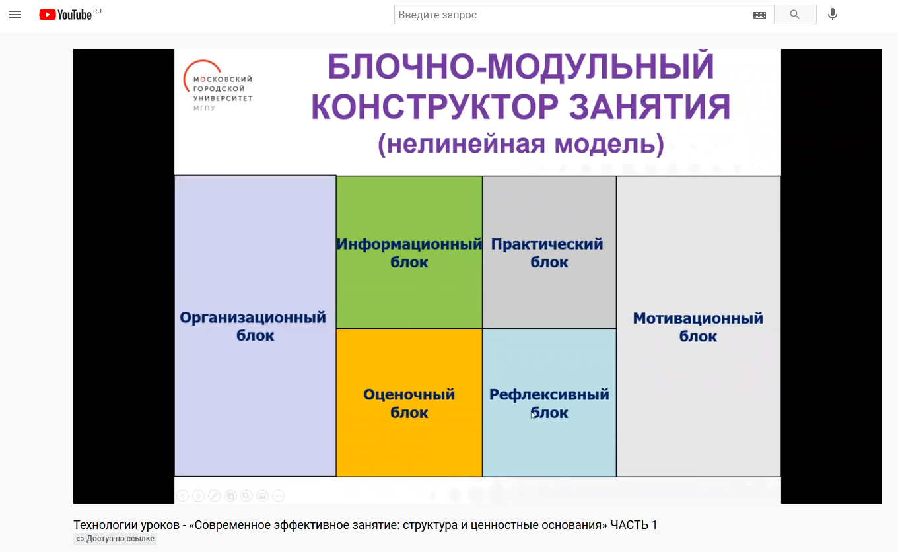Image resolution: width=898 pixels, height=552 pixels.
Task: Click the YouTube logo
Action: (66, 15)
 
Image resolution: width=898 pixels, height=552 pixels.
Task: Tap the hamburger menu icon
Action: (15, 15)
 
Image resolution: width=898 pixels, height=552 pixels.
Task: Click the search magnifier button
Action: (794, 15)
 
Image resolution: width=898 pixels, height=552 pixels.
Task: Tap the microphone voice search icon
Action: (832, 15)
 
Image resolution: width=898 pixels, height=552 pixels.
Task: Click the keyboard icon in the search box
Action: (759, 15)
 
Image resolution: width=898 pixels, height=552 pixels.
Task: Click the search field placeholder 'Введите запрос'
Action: (437, 15)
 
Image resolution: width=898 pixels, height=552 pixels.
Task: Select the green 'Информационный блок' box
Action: (409, 252)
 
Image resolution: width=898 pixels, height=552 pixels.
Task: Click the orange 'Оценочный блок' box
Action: (409, 403)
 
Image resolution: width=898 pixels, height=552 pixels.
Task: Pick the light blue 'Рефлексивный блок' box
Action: (549, 403)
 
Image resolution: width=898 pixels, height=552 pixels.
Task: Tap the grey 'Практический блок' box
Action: (549, 252)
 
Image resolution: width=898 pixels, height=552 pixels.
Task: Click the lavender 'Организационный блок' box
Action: (255, 326)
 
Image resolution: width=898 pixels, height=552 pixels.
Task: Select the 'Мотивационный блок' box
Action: (699, 326)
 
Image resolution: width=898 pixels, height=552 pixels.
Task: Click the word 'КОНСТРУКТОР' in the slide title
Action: (434, 107)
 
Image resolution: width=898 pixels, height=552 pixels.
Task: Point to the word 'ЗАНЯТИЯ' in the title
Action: (650, 107)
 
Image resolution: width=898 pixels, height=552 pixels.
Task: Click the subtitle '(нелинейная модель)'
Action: (521, 145)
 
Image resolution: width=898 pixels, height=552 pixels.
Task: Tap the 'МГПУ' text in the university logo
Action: (205, 108)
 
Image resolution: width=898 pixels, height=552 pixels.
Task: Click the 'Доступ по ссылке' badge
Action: (115, 539)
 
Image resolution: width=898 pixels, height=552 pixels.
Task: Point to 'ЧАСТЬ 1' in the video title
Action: (634, 525)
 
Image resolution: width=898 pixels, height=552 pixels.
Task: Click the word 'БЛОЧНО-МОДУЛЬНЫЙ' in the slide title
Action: (521, 67)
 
